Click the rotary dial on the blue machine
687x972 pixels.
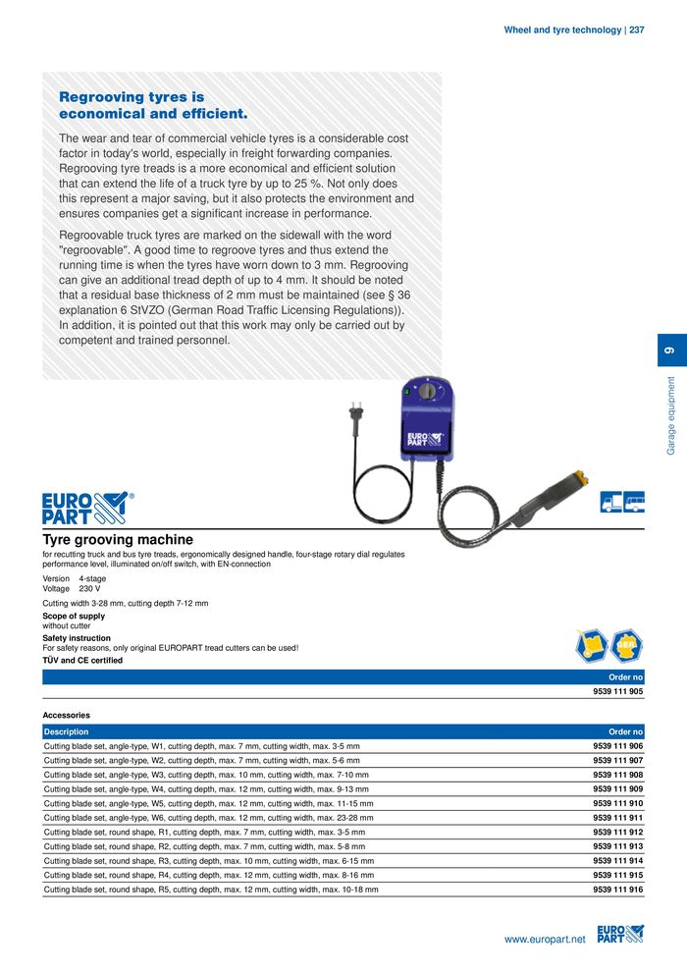click(x=428, y=391)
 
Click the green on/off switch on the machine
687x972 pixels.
click(x=404, y=392)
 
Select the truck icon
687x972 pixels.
click(x=610, y=503)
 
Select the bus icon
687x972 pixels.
click(x=634, y=503)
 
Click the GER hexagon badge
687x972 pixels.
click(x=626, y=645)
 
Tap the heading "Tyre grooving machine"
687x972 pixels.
click(x=118, y=539)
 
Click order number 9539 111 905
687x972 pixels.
click(x=617, y=691)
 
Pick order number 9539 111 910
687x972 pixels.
click(x=617, y=803)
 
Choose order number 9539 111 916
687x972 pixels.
click(x=617, y=890)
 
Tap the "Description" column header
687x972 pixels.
click(x=66, y=731)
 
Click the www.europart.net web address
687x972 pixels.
click(x=544, y=940)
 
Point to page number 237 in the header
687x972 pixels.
click(x=636, y=30)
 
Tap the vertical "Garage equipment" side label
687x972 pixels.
click(x=671, y=415)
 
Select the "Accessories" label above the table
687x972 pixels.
click(x=66, y=716)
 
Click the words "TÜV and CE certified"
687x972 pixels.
click(x=82, y=661)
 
